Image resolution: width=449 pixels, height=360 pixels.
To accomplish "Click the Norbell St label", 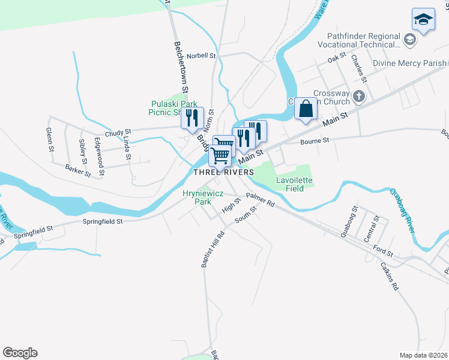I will [x=201, y=55].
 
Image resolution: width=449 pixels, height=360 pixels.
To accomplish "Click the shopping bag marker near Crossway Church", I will [x=306, y=109].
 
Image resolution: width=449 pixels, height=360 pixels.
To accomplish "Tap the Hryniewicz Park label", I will [x=198, y=197].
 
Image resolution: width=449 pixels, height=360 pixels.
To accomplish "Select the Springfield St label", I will [x=102, y=221].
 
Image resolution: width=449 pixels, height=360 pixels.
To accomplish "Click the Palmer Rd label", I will [x=259, y=200].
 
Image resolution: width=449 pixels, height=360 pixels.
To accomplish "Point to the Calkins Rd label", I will [x=389, y=277].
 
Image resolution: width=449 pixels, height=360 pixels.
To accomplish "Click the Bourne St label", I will [x=315, y=140].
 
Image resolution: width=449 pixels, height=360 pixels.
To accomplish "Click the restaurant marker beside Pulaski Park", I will [x=193, y=117].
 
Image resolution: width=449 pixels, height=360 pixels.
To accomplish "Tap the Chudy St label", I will [x=118, y=132].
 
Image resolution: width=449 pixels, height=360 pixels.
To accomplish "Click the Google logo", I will [x=20, y=353].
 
